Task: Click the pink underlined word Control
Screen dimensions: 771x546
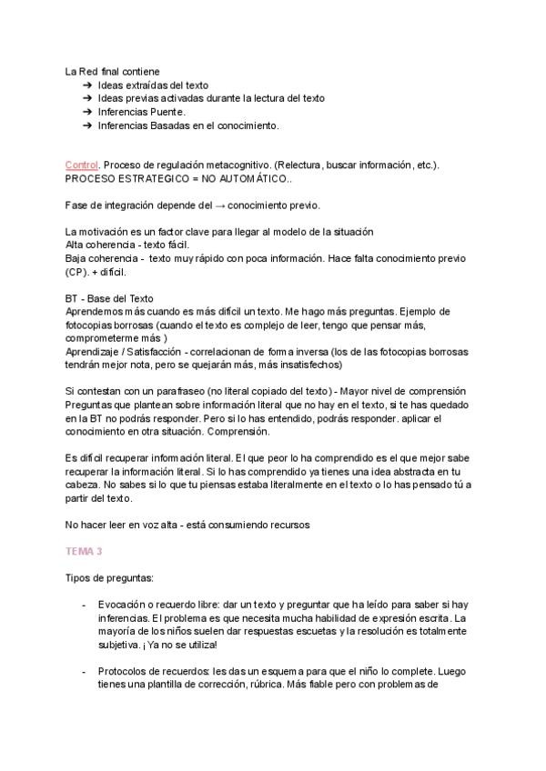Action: [x=82, y=165]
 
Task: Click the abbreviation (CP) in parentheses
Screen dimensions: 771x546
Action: [x=76, y=272]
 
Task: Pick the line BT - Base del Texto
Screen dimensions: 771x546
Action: [x=109, y=298]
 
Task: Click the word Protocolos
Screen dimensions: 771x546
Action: [x=126, y=671]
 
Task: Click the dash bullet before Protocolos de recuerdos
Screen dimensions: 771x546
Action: [x=84, y=671]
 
